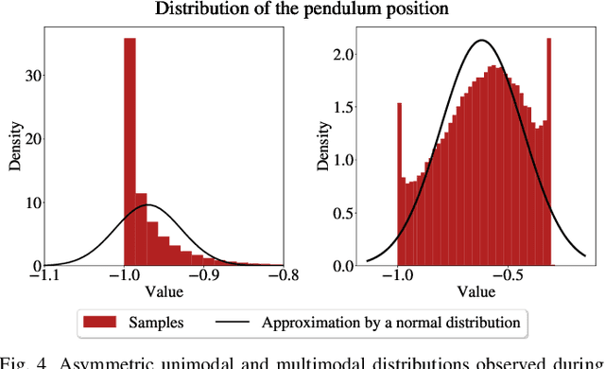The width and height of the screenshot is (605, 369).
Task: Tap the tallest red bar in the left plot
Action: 130,151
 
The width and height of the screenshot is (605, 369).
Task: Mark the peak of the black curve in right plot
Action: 482,41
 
